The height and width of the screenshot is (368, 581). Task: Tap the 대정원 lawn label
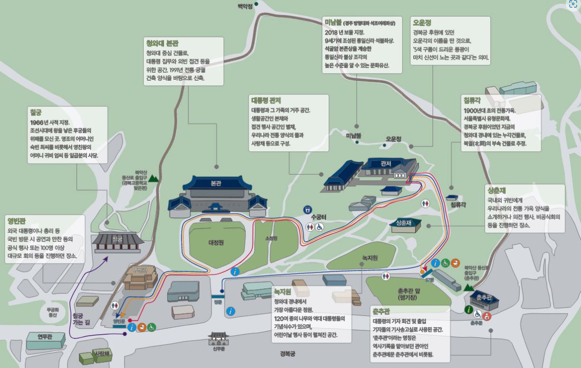tap(216, 242)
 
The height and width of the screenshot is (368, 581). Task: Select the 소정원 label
tap(270, 239)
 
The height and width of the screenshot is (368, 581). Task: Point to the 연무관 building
tap(45, 337)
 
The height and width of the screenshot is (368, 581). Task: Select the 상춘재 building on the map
tap(402, 223)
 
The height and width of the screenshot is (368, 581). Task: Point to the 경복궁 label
tap(288, 353)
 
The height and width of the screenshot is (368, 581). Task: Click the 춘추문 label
tap(476, 323)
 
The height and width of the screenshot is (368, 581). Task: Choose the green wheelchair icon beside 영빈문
tap(151, 327)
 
